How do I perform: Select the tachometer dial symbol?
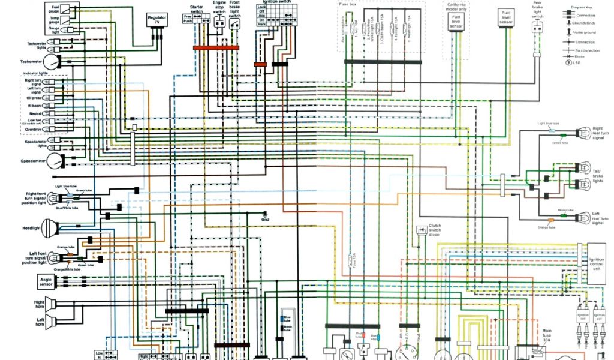click(52, 62)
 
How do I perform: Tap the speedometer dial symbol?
click(55, 161)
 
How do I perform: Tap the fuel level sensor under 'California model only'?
click(456, 22)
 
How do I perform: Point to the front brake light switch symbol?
click(234, 23)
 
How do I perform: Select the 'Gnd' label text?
click(265, 220)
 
